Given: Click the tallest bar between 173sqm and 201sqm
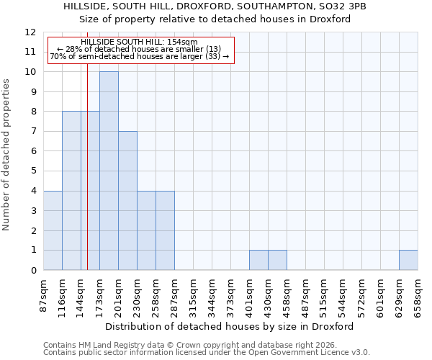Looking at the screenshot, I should coord(109,171).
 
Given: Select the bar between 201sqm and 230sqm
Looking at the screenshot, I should coord(127,201).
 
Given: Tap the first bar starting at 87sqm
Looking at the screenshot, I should coord(53,230).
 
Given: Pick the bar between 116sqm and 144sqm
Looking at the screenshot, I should coord(71,191).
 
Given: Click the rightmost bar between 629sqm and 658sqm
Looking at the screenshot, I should coord(408,260).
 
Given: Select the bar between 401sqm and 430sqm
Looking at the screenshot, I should coord(258,260).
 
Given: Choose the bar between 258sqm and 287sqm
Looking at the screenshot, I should coord(165,230).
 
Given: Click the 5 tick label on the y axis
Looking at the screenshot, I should coord(33,171).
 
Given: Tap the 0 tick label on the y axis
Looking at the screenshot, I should coord(33,271).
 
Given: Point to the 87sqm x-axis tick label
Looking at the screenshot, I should coord(43,294).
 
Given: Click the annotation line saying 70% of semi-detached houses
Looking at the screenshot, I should coord(140,56).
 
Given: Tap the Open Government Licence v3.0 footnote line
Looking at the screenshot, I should coord(207,353).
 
